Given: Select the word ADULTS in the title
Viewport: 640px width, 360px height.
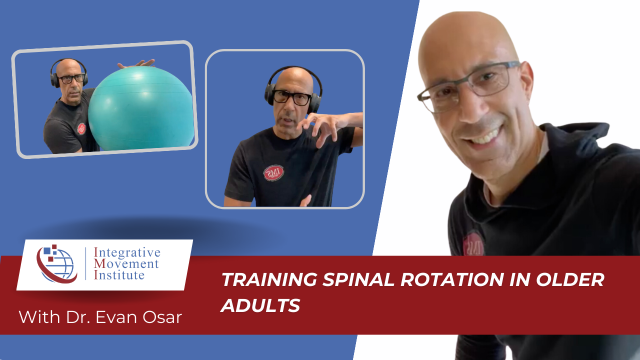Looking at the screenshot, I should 260,305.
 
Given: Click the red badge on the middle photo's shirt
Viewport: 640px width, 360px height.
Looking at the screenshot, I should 273,173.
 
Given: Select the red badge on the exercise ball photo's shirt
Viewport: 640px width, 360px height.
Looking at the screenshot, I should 81,128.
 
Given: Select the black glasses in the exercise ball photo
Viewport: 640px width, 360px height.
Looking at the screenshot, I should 71,78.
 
